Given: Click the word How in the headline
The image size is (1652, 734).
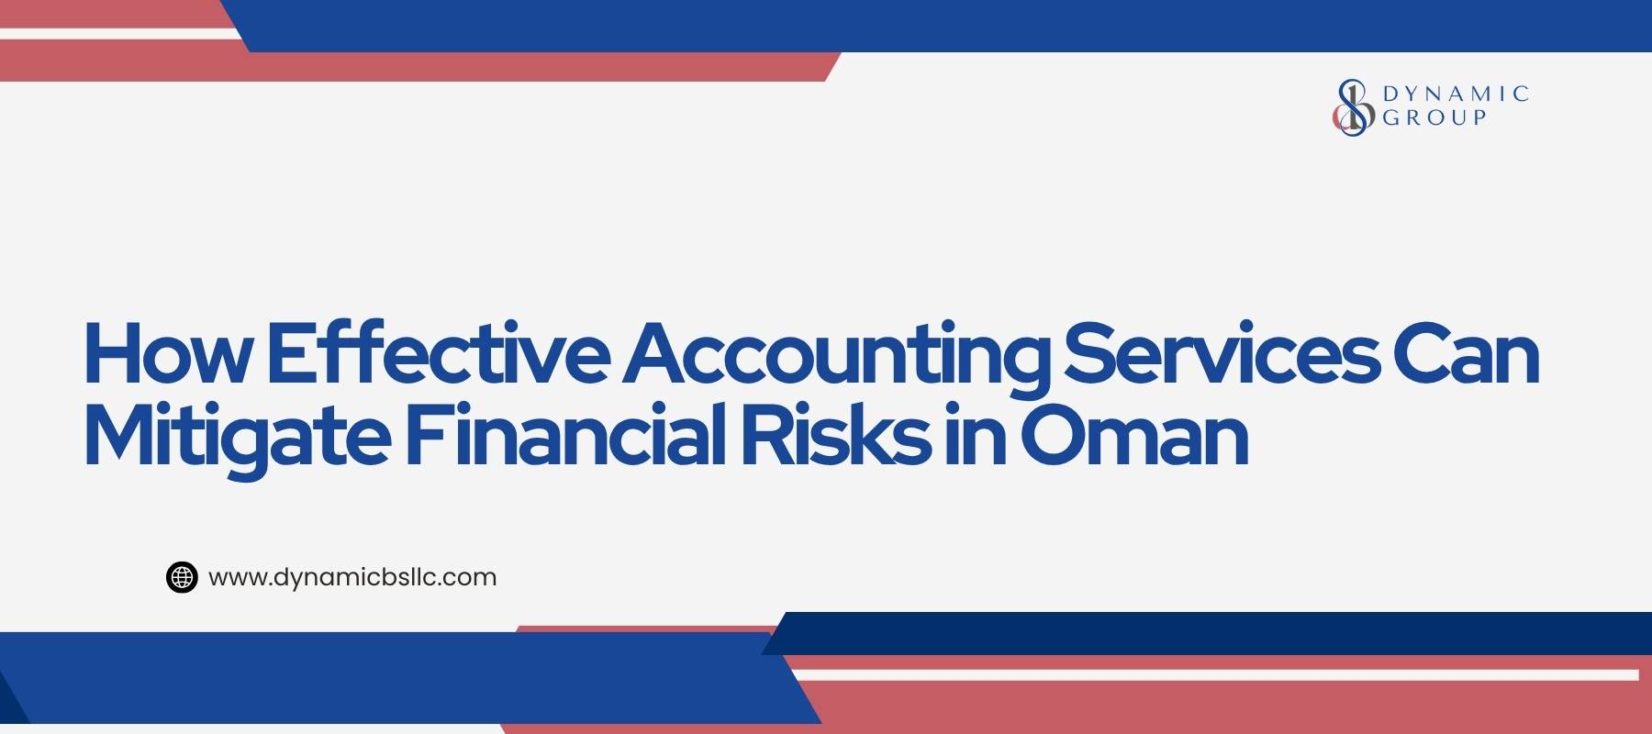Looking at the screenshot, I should [165, 355].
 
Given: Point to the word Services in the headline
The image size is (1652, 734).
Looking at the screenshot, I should [1222, 355].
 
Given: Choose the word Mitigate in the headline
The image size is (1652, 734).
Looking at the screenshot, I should [234, 438].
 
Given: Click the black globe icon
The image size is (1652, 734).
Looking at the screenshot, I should [182, 577].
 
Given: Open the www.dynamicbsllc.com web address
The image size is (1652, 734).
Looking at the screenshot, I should [352, 577].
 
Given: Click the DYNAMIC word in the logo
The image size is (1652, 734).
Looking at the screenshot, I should [1456, 94].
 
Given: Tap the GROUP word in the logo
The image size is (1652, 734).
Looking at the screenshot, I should [1434, 117].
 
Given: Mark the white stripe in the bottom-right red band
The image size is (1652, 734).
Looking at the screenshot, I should [1211, 675].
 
